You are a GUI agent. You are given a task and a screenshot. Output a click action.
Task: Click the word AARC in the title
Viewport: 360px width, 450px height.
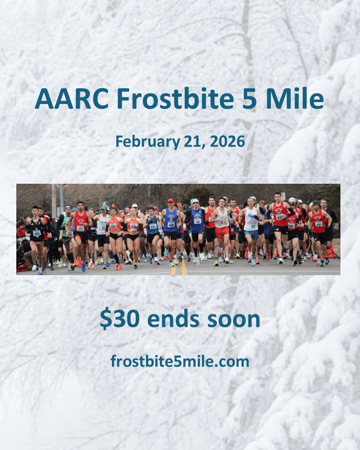pos(71,99)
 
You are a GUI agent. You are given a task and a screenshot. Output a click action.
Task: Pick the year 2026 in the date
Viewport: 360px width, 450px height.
pos(228,141)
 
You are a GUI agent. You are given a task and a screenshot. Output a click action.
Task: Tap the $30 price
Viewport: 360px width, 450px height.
pos(121,319)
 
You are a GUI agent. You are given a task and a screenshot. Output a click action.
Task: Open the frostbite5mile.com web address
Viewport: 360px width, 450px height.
pos(180,361)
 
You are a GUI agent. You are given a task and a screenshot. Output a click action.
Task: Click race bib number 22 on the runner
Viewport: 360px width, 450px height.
pos(224,222)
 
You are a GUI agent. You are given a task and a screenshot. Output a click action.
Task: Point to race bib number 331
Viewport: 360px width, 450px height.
pos(113,226)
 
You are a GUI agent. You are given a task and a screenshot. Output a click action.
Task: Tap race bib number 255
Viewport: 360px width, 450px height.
pos(152,227)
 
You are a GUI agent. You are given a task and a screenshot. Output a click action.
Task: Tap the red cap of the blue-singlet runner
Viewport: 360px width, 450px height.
pos(170,201)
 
